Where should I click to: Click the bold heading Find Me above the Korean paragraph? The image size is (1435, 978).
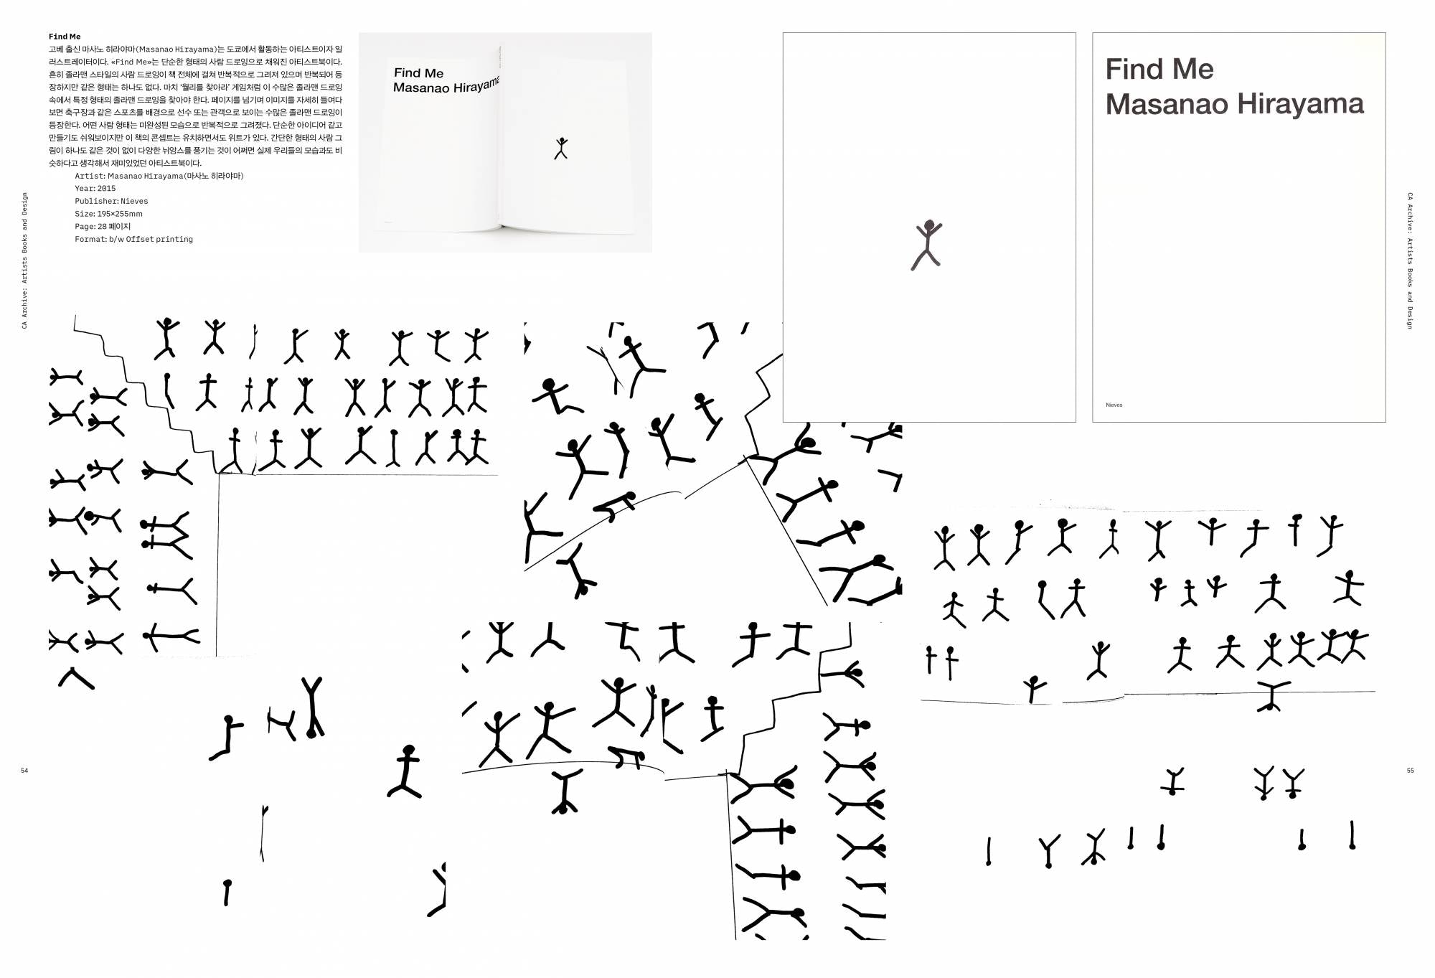point(65,37)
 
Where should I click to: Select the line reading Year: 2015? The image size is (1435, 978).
point(95,189)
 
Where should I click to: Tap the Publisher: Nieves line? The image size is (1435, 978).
point(111,202)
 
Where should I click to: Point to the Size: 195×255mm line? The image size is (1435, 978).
point(108,214)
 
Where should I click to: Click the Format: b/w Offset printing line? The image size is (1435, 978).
point(133,240)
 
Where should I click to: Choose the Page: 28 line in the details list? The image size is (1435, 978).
point(103,227)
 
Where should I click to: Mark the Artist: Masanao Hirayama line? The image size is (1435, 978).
point(159,176)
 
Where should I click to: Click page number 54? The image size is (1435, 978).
point(24,771)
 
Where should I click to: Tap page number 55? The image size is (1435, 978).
point(1410,771)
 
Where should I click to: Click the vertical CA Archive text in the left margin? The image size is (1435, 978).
point(24,260)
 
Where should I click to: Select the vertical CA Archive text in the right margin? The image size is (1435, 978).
point(1410,260)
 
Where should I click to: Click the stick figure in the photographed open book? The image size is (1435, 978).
point(561,148)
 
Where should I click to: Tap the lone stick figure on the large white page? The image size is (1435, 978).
point(927,245)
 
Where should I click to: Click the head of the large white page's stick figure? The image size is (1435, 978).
point(930,225)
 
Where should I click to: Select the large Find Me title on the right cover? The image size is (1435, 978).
point(1159,70)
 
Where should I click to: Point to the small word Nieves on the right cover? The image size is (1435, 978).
point(1114,405)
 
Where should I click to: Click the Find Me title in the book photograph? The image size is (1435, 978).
point(418,73)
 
